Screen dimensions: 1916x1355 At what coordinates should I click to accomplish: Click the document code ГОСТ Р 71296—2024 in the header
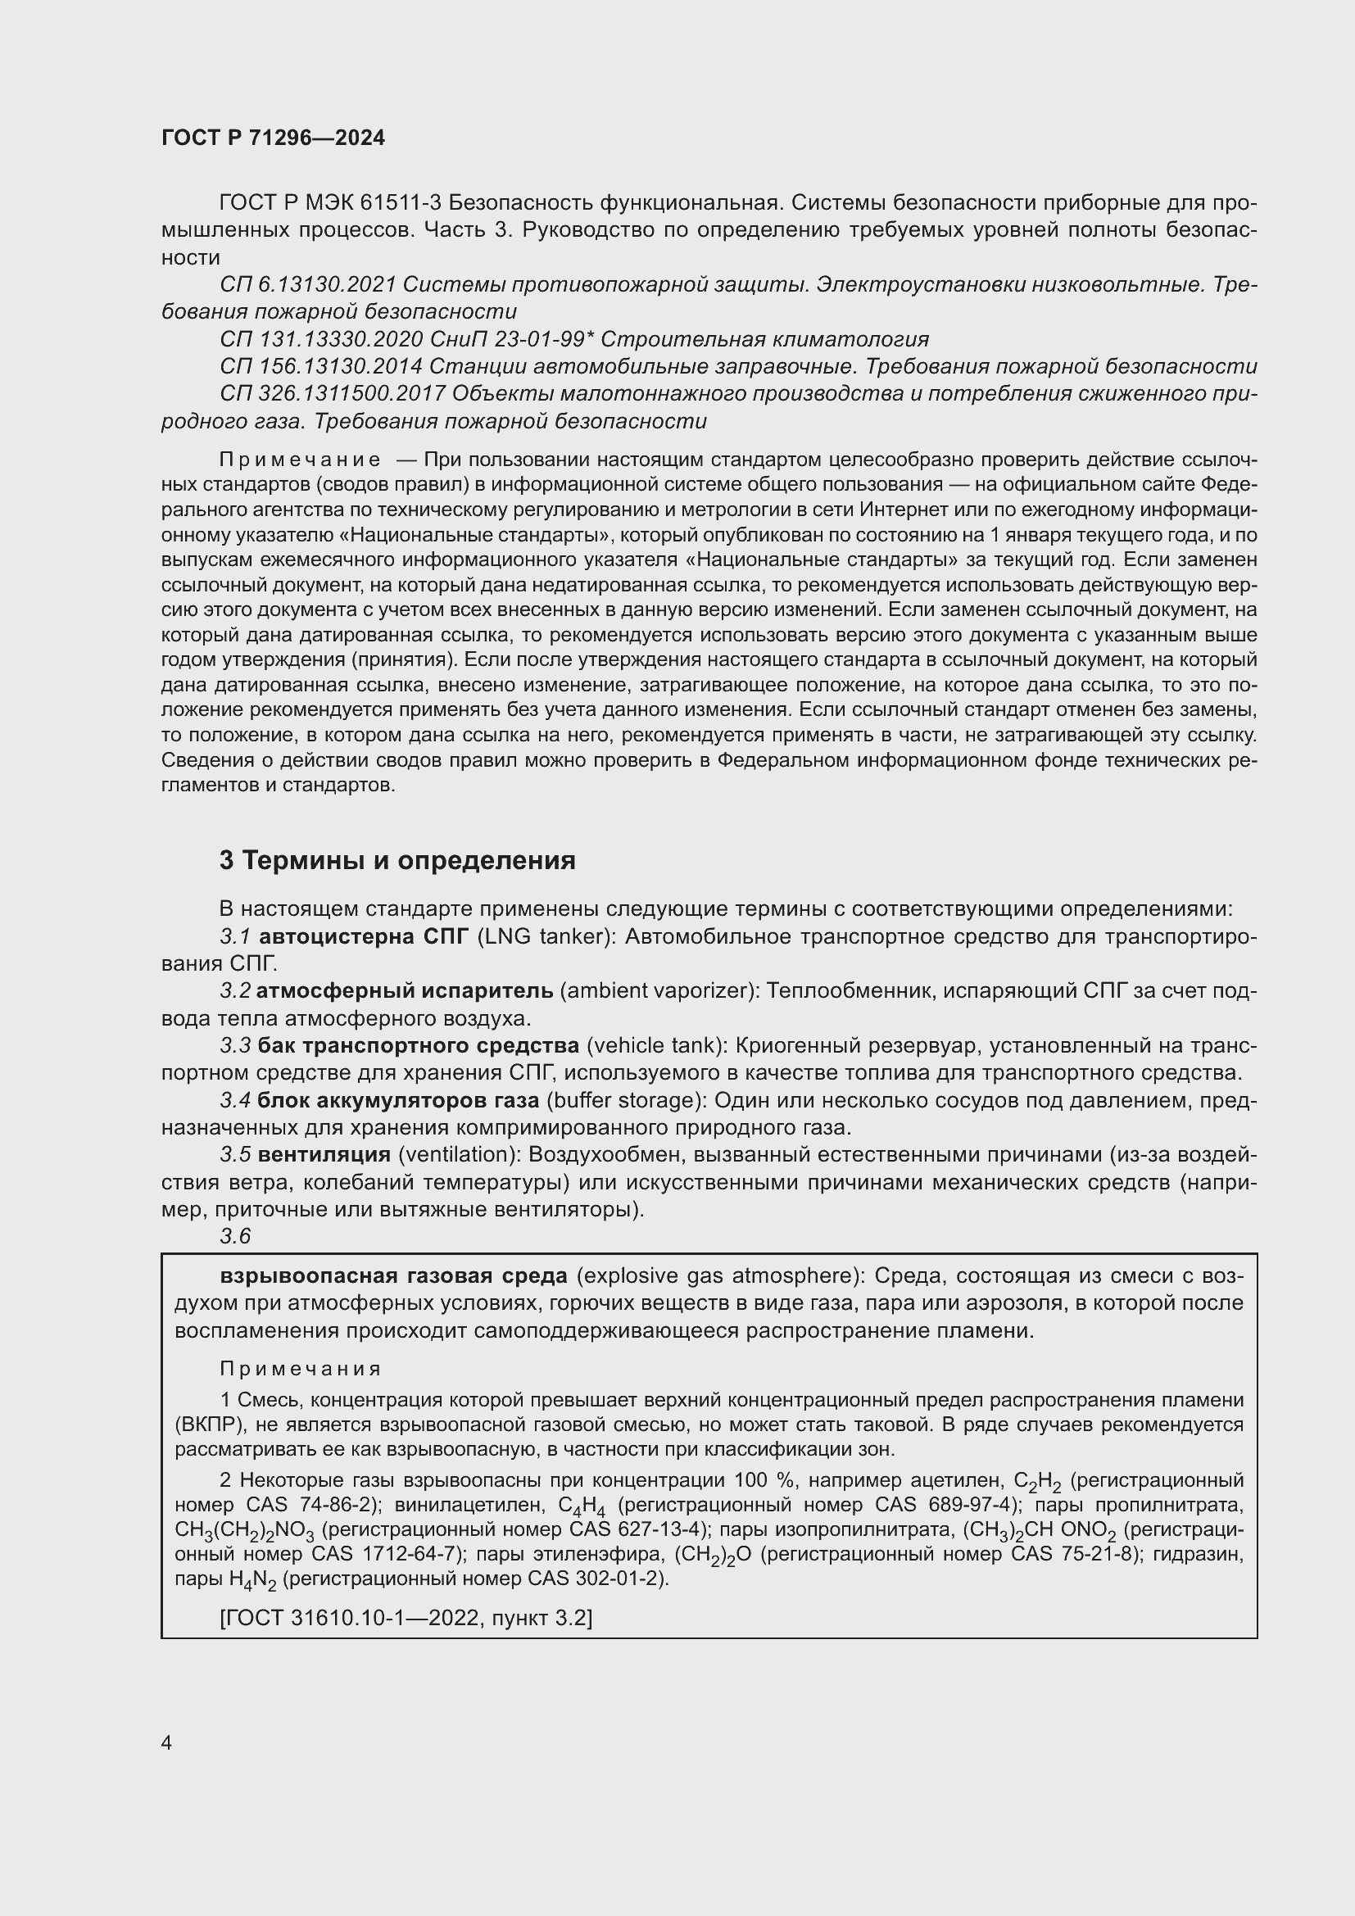[x=273, y=138]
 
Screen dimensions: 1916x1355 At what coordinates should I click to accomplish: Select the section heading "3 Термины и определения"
[x=397, y=860]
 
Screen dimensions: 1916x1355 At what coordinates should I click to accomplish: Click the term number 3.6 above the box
[x=235, y=1237]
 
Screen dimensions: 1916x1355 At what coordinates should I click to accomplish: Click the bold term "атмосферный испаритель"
[x=405, y=990]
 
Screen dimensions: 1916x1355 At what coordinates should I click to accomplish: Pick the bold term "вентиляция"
[x=324, y=1154]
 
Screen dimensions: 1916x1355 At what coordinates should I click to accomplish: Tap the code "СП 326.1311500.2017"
[x=331, y=393]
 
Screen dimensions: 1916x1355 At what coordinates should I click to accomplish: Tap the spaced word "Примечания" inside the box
[x=301, y=1369]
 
